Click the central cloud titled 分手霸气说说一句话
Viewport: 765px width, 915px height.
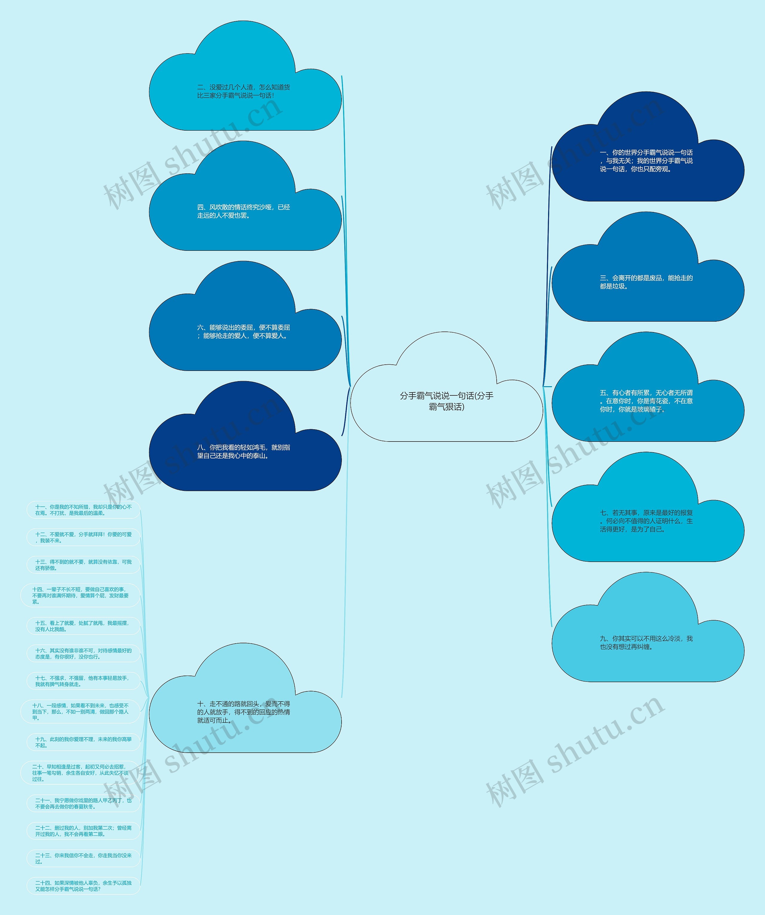[446, 401]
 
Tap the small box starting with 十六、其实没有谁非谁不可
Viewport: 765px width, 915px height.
[83, 653]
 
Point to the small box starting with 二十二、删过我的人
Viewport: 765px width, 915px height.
[83, 831]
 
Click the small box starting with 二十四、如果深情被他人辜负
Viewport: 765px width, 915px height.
[83, 886]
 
